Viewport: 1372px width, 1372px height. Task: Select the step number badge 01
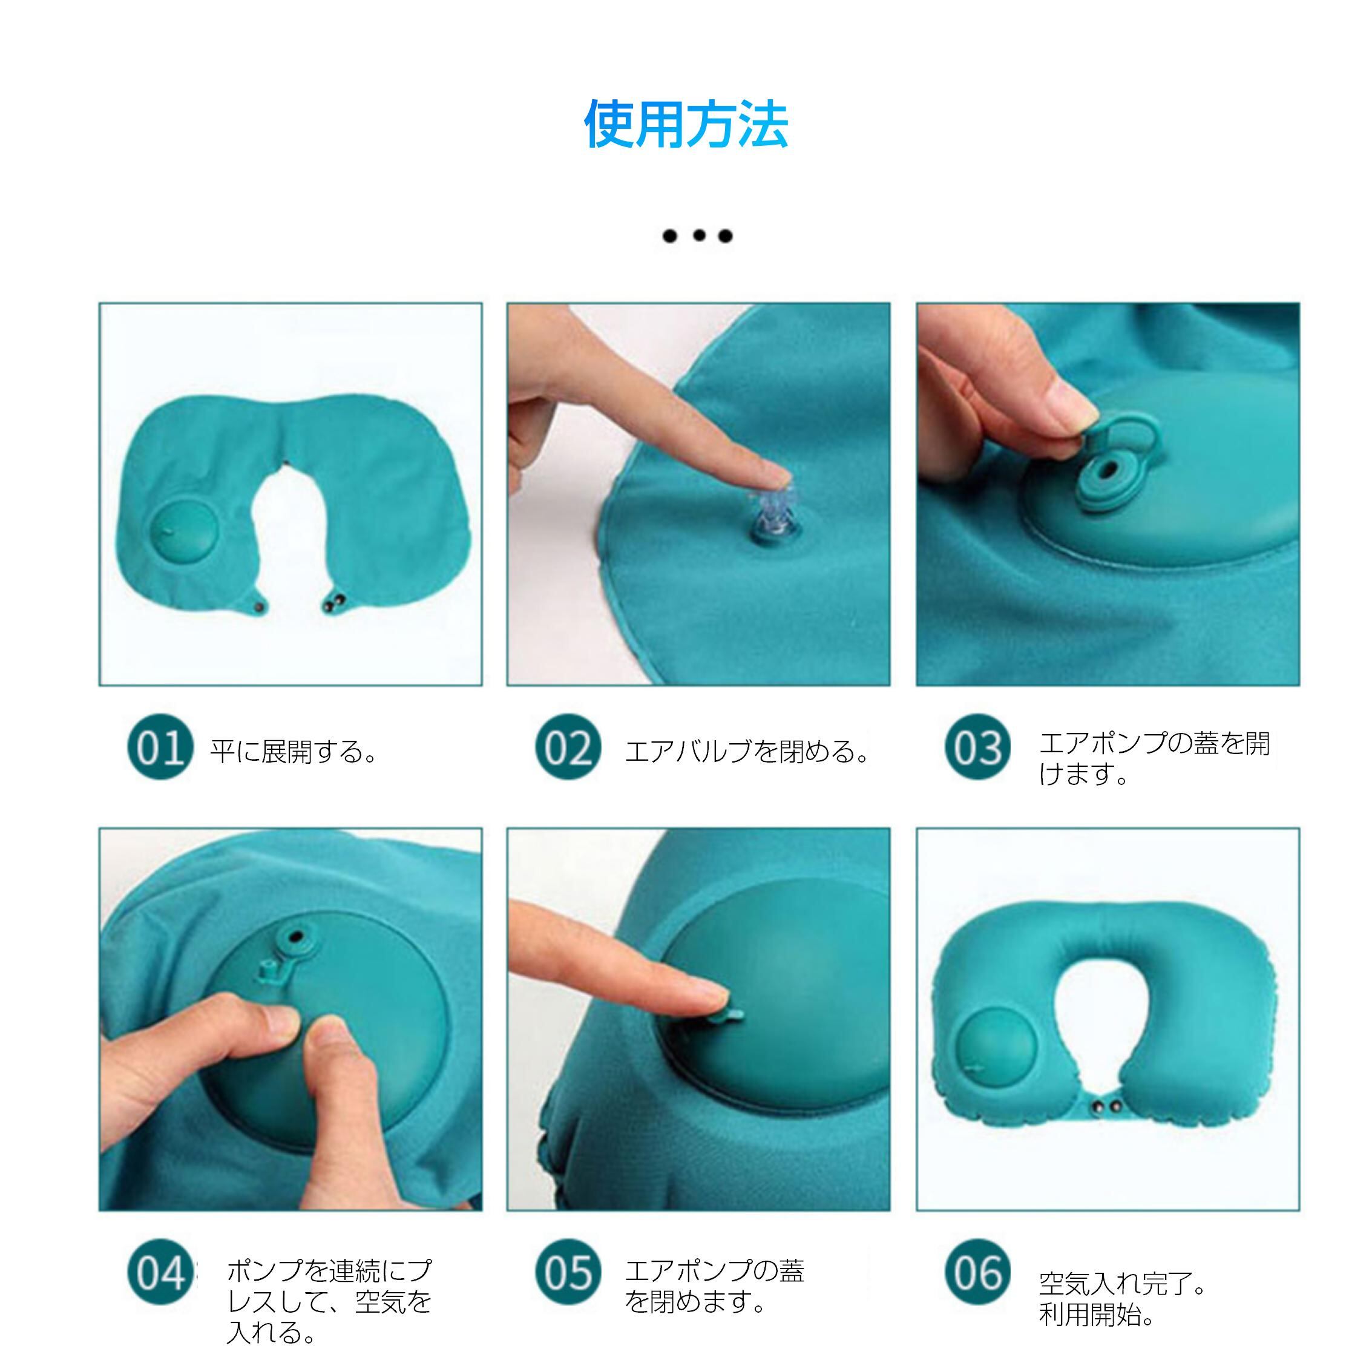pyautogui.click(x=160, y=747)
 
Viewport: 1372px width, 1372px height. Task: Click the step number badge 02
pyautogui.click(x=568, y=747)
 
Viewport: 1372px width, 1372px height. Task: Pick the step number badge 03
pyautogui.click(x=977, y=747)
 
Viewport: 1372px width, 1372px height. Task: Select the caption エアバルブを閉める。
pyautogui.click(x=746, y=751)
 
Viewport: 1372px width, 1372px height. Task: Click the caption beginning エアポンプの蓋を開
pyautogui.click(x=1154, y=758)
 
